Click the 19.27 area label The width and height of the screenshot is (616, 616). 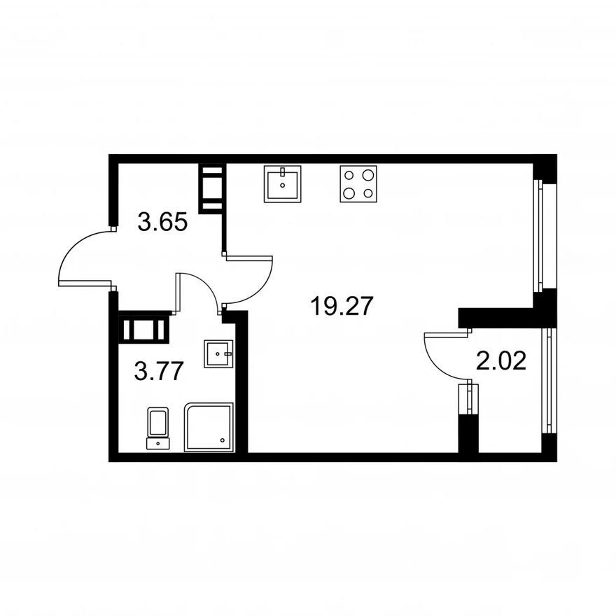point(341,306)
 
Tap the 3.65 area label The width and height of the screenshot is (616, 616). point(162,223)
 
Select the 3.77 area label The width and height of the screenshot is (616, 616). point(159,371)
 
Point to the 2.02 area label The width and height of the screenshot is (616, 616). point(501,361)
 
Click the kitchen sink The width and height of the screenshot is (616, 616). point(283,184)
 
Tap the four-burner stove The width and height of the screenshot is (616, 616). point(358,184)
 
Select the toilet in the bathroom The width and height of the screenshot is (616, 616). point(158,428)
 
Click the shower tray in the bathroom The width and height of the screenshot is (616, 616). point(209,427)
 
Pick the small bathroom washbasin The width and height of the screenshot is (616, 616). point(218,354)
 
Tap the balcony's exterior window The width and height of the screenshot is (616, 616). point(547,381)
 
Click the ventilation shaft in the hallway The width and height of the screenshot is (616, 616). point(212,188)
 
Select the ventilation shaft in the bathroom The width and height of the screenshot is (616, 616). point(144,329)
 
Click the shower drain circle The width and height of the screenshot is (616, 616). point(223,440)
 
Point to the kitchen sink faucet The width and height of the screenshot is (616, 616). point(283,171)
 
